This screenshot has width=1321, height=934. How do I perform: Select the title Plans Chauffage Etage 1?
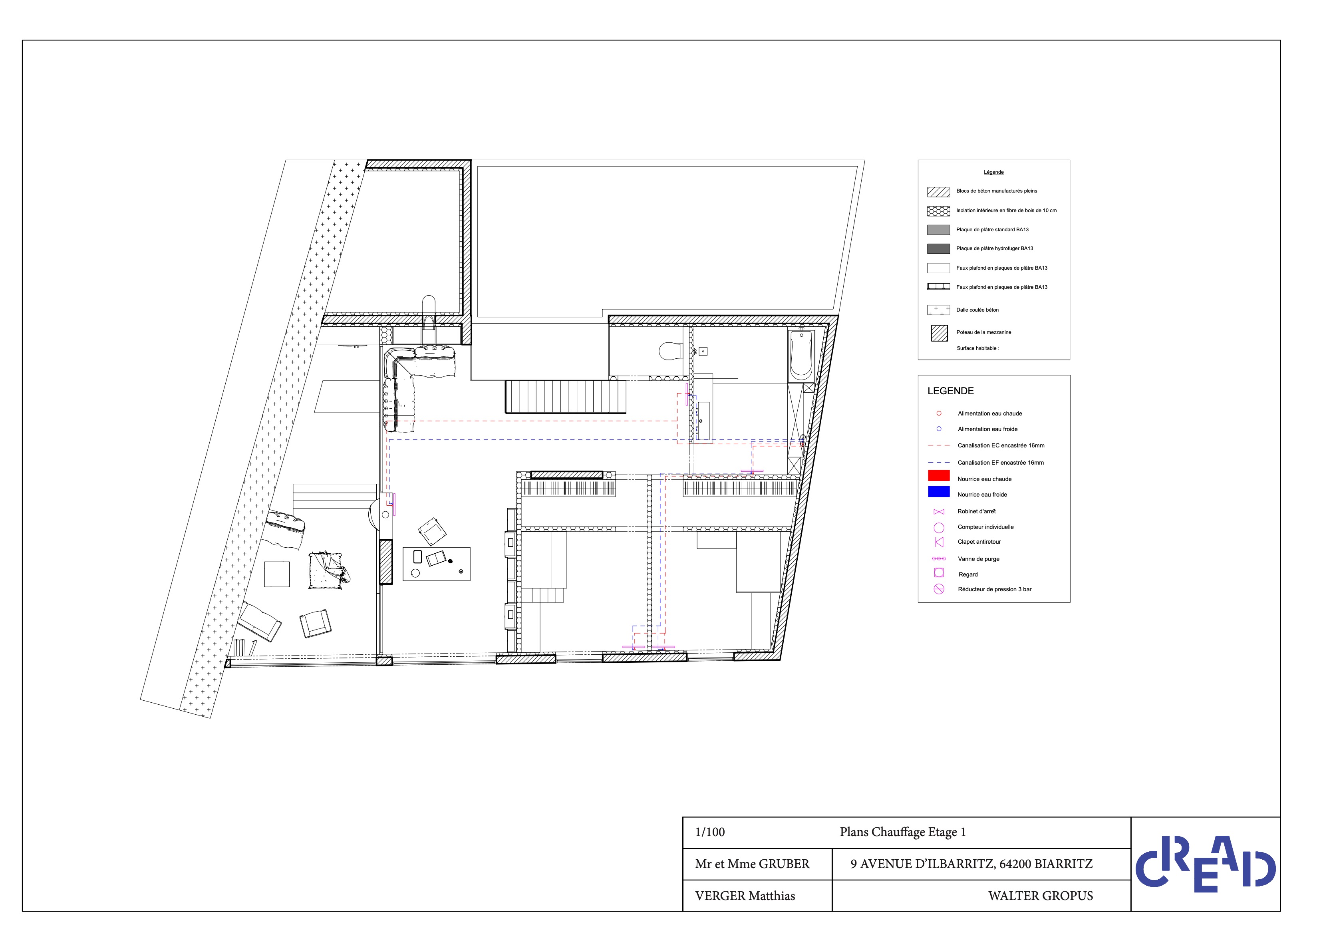coord(903,832)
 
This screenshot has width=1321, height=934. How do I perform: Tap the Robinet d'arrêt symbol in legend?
coord(939,512)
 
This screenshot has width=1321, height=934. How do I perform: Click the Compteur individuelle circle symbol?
coord(939,528)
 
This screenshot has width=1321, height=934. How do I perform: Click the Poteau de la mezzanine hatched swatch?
coord(939,333)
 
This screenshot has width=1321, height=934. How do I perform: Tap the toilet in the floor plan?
coord(670,351)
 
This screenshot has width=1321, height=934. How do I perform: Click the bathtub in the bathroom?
coord(801,356)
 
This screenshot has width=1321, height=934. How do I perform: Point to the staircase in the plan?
coord(566,397)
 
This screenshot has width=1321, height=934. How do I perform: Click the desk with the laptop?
coord(436,564)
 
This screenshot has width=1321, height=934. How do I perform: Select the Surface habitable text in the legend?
coord(977,348)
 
